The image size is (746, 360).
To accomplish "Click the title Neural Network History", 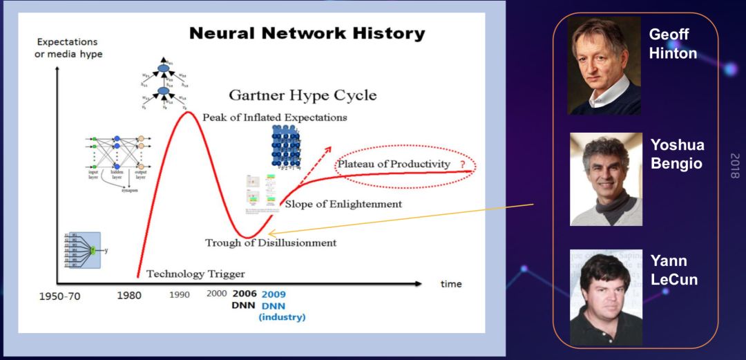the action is tap(307, 33).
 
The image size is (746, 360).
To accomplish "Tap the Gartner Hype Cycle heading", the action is tap(303, 95).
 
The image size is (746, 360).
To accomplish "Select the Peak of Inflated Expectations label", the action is tap(274, 117).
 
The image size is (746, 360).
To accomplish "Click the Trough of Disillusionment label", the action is tap(271, 243).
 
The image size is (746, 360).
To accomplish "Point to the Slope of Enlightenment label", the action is tap(343, 204).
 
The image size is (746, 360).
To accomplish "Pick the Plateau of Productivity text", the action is tap(393, 164).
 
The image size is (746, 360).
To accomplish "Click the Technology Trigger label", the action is tap(195, 274).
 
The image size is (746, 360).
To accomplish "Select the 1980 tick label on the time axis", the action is tap(129, 295).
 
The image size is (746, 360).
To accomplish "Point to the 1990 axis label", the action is tap(180, 294).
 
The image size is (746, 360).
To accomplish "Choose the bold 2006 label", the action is tap(245, 294).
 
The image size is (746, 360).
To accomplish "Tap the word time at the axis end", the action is tap(451, 284).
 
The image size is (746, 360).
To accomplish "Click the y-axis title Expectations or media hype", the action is tap(68, 48).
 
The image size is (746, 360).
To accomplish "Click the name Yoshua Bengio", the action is tap(677, 155).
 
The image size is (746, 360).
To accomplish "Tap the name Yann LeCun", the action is tap(673, 271).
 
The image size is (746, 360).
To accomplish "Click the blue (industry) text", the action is tap(282, 317).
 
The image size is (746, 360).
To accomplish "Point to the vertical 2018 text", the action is tap(734, 166).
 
